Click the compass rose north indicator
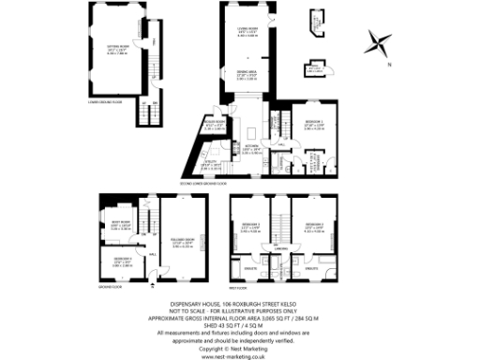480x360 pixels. pos(380,42)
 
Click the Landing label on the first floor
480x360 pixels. pos(280,247)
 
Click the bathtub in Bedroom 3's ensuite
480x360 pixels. pos(245,277)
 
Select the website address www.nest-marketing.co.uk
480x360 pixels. pos(240,353)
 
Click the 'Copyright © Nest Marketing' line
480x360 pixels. pos(240,346)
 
